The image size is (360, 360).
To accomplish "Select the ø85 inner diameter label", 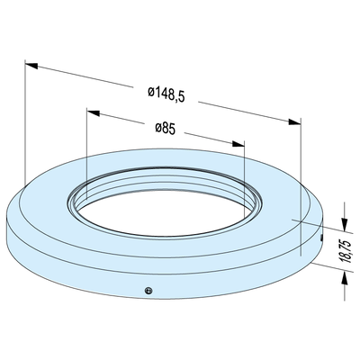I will (x=165, y=128).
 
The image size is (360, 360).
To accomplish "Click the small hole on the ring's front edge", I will (x=150, y=290).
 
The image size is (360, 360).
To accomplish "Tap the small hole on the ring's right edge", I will (x=321, y=239).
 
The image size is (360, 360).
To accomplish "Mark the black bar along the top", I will (x=180, y=26).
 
